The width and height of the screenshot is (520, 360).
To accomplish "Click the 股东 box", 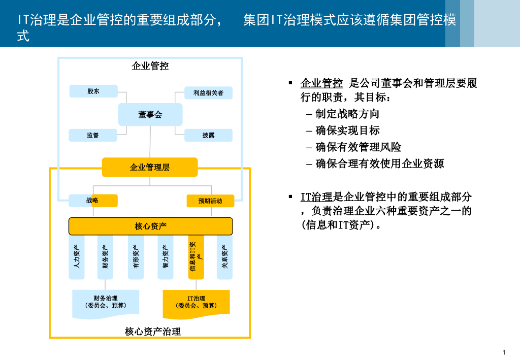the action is [93, 91].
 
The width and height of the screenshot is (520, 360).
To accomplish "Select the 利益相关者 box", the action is [208, 93].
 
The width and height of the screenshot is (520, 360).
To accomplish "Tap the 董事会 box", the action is [150, 115].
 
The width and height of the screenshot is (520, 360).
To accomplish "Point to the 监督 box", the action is [93, 136].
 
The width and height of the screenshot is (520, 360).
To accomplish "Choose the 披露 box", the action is [208, 136].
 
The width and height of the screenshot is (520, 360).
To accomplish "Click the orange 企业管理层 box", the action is [150, 167].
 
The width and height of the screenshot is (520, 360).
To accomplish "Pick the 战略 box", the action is [93, 201].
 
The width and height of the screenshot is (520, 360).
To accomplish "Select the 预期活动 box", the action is [210, 201].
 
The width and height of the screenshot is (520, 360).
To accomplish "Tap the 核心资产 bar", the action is [150, 226].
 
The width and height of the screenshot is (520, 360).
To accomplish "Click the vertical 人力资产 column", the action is [77, 257].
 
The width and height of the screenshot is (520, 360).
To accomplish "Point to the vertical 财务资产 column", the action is [105, 257].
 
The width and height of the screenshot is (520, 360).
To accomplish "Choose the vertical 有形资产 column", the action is [136, 257].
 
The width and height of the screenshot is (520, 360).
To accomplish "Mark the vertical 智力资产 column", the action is [166, 257].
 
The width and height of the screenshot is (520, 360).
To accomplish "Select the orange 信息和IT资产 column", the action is [196, 257].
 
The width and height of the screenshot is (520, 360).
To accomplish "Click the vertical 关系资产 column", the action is [225, 257].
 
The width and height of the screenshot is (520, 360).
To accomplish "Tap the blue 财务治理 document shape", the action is [106, 302].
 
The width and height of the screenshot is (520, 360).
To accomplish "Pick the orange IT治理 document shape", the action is [196, 303].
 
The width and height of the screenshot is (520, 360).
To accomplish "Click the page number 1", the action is [503, 352].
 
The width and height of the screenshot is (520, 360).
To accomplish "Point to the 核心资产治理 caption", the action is [153, 332].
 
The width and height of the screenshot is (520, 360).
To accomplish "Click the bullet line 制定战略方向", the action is [347, 114].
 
